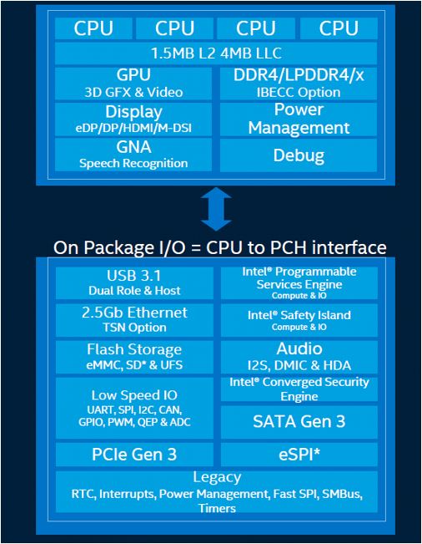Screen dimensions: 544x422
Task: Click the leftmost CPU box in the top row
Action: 93,28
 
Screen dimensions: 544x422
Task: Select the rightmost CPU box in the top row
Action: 339,28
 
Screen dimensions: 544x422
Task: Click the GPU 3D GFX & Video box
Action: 133,84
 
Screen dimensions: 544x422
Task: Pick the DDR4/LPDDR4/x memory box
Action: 299,84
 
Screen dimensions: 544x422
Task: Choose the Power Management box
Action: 299,119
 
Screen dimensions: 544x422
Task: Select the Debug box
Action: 299,155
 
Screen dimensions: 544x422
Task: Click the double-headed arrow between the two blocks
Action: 216,208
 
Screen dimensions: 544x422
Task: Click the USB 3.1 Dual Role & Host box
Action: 133,282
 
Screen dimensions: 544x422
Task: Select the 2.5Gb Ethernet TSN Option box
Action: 133,319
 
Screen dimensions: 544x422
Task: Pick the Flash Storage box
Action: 133,356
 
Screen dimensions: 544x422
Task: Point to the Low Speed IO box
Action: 133,407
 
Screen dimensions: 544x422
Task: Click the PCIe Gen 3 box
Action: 133,455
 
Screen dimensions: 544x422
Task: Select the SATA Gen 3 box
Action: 299,421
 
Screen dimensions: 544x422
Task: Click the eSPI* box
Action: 299,455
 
